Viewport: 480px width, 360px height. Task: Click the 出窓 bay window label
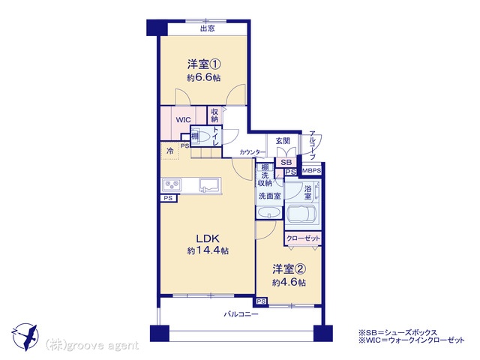[x=207, y=28]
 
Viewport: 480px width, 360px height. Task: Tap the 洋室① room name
[x=204, y=64]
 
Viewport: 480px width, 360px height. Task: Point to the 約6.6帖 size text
[x=204, y=78]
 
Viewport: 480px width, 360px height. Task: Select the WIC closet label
[x=183, y=120]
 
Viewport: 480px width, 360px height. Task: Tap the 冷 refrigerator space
[x=170, y=151]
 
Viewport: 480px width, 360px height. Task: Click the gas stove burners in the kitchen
[x=172, y=184]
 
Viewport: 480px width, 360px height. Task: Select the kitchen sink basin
[x=209, y=184]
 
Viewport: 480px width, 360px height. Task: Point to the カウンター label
[x=253, y=151]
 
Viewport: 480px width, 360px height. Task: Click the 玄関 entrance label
[x=283, y=141]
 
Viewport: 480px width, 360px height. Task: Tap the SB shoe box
[x=286, y=163]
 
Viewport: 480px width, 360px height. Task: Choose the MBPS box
[x=312, y=170]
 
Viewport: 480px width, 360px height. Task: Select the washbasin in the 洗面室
[x=269, y=211]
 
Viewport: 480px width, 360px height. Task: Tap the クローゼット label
[x=303, y=238]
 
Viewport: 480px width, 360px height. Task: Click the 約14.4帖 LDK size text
[x=208, y=251]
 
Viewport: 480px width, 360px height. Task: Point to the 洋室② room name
[x=289, y=269]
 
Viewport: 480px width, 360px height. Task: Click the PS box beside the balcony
[x=261, y=301]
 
